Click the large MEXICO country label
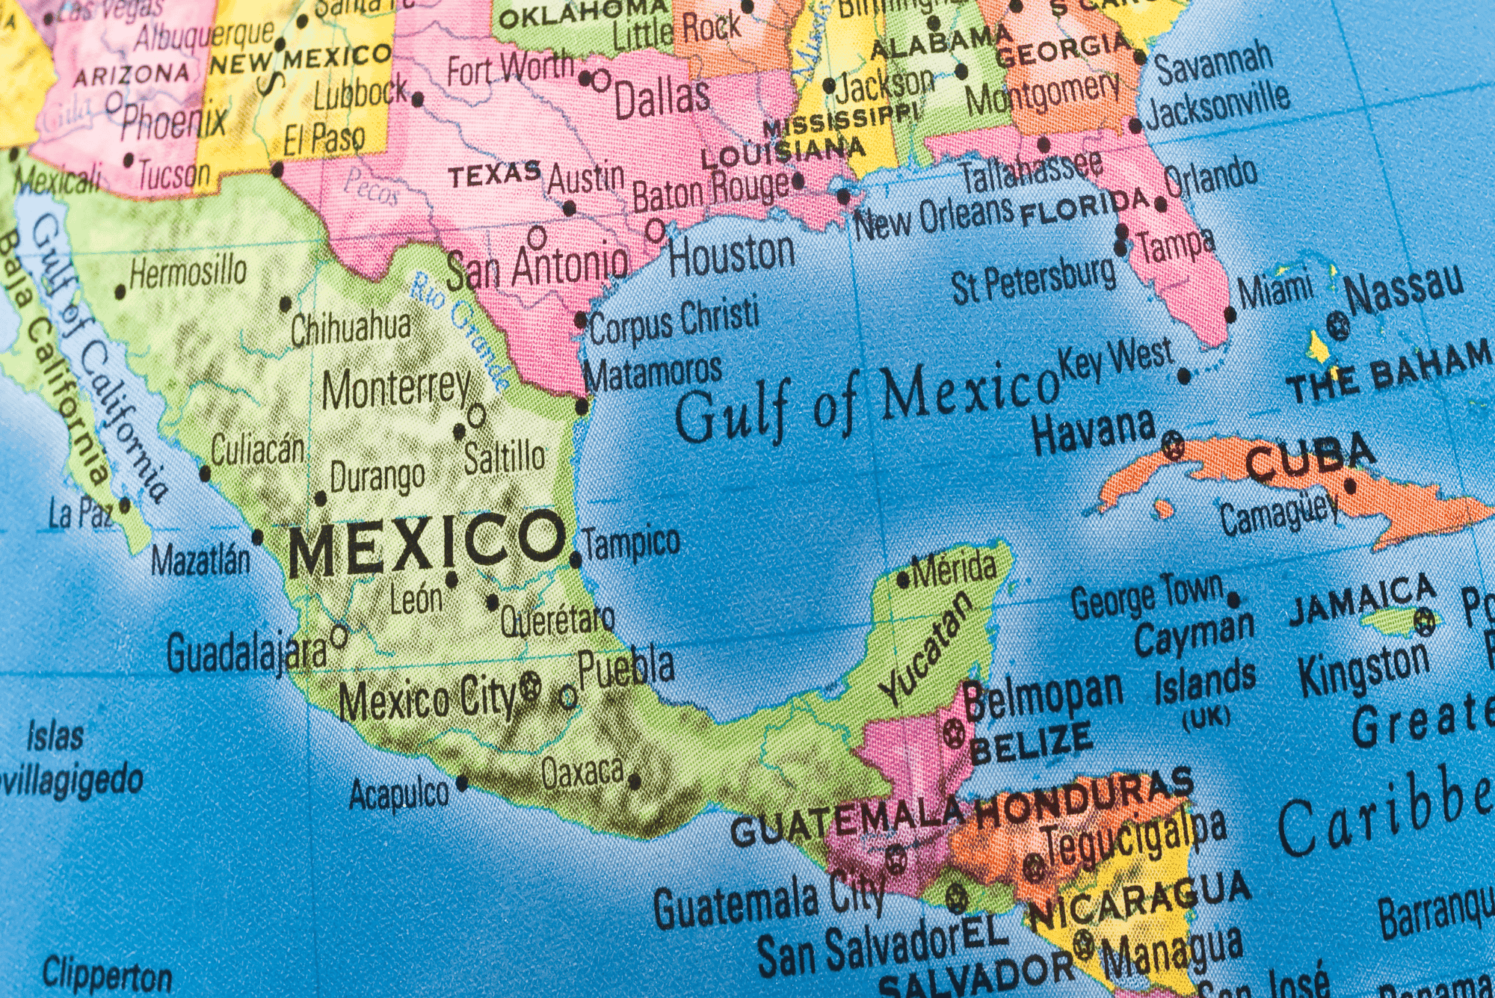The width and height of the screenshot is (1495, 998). (x=426, y=544)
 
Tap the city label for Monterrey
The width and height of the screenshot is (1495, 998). (x=396, y=389)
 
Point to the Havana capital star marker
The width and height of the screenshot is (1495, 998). (x=1174, y=446)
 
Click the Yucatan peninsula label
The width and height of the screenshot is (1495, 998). (x=927, y=649)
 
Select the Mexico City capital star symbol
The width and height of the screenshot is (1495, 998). (x=530, y=685)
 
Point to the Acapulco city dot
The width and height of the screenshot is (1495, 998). (x=463, y=783)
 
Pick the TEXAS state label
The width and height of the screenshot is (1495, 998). (x=495, y=175)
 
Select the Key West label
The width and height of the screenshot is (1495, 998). (x=1115, y=360)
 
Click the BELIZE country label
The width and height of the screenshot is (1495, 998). (x=1032, y=742)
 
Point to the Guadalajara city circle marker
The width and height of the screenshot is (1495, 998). (x=339, y=637)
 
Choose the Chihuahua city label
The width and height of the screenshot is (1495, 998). (x=351, y=329)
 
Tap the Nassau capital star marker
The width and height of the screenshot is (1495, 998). (x=1338, y=325)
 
